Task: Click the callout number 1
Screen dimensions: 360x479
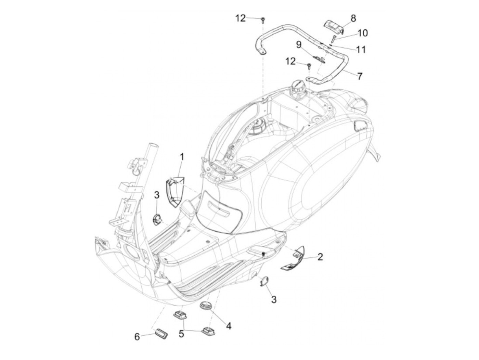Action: [x=182, y=157]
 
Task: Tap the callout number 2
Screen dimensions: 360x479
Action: [x=320, y=257]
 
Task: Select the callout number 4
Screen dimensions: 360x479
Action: [x=229, y=326]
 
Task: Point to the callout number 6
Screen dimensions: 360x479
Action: [x=137, y=337]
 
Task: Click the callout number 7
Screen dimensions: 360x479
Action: [x=360, y=76]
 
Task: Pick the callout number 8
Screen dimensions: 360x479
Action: [x=353, y=18]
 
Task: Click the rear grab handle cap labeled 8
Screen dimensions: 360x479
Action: [x=333, y=26]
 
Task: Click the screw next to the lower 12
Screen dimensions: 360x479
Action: [x=308, y=66]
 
